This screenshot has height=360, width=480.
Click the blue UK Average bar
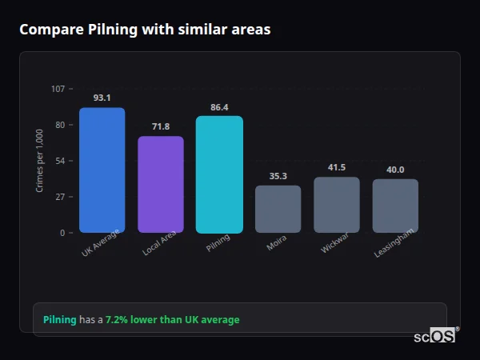pyautogui.click(x=102, y=170)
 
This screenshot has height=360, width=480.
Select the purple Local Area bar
pyautogui.click(x=161, y=185)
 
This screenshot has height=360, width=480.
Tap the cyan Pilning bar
pyautogui.click(x=219, y=174)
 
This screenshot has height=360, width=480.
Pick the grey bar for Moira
pyautogui.click(x=278, y=210)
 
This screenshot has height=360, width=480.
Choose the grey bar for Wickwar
pyautogui.click(x=337, y=205)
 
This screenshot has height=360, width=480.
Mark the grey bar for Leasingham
pyautogui.click(x=395, y=206)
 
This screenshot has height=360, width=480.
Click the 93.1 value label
pyautogui.click(x=102, y=98)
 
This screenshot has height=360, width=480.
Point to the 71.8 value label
pyautogui.click(x=161, y=126)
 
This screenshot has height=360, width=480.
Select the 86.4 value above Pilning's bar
pyautogui.click(x=219, y=106)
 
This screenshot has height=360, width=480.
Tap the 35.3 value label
pyautogui.click(x=278, y=176)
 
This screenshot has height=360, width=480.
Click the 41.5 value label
pyautogui.click(x=337, y=167)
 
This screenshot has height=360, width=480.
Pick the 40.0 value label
pyautogui.click(x=395, y=170)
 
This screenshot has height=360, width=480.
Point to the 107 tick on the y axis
pyautogui.click(x=58, y=89)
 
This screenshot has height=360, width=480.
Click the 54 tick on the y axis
pyautogui.click(x=60, y=161)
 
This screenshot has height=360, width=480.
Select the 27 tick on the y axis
pyautogui.click(x=60, y=197)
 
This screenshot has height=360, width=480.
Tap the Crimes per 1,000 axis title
pyautogui.click(x=39, y=161)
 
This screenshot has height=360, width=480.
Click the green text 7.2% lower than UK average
pyautogui.click(x=172, y=320)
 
